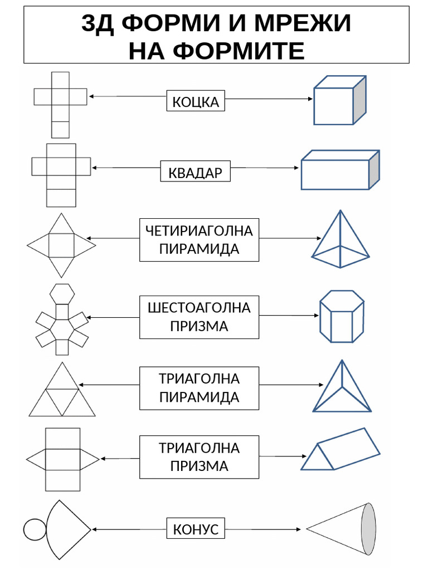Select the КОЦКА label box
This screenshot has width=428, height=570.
pos(196,101)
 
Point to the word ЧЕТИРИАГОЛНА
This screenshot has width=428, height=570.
pos(199,230)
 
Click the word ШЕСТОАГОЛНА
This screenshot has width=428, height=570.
pos(199,308)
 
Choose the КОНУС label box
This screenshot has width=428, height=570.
pos(196,528)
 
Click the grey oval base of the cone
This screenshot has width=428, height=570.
pos(368,528)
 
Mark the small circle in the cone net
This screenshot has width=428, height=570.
pos(34,529)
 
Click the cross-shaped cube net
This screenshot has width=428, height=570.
pos(60,104)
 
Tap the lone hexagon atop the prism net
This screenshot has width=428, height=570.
pos(62,293)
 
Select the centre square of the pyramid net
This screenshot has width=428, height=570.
pos(61,245)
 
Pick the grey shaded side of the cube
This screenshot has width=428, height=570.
pos(359,100)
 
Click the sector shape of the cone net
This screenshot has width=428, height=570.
pos(66,528)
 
